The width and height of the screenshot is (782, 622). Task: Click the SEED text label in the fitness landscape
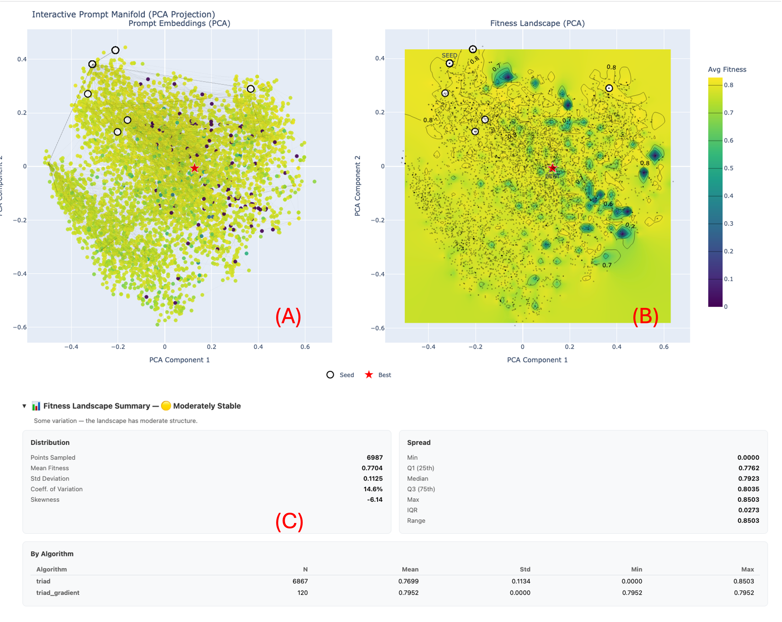click(449, 55)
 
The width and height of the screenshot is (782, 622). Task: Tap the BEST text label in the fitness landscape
click(552, 176)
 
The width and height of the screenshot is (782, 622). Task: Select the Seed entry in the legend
click(340, 375)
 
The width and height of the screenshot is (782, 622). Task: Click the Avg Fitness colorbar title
click(727, 70)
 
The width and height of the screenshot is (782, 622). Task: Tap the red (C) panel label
click(289, 522)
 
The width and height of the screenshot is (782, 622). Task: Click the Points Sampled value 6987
click(374, 457)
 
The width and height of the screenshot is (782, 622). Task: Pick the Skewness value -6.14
click(374, 500)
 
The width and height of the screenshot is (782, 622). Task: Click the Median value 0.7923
click(748, 478)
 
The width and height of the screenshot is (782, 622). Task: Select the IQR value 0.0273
click(748, 510)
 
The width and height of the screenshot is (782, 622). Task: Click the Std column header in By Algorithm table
click(524, 569)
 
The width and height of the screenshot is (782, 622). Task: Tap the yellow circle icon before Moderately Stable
click(166, 406)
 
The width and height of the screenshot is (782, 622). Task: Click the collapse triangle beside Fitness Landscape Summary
click(24, 406)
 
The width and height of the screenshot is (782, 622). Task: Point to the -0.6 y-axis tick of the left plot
click(19, 327)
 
